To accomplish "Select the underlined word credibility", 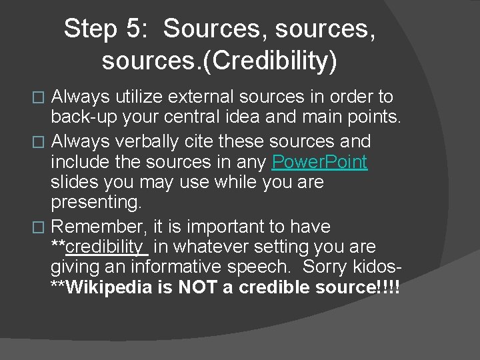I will click(x=106, y=247).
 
